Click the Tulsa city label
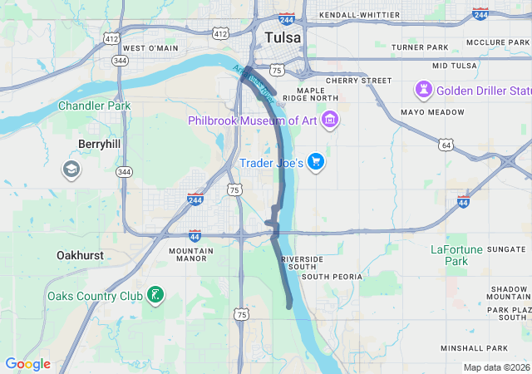(x=284, y=38)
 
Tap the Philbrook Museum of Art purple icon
(x=330, y=120)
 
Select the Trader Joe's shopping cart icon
(x=315, y=161)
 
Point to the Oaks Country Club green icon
(x=154, y=294)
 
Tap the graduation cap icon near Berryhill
(x=71, y=170)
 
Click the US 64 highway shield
(x=447, y=145)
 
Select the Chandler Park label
(x=95, y=106)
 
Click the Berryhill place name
(x=100, y=144)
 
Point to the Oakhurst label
(x=80, y=255)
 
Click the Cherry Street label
(x=358, y=81)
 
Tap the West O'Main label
(x=150, y=48)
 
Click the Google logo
(x=27, y=364)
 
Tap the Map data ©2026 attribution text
(x=496, y=367)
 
